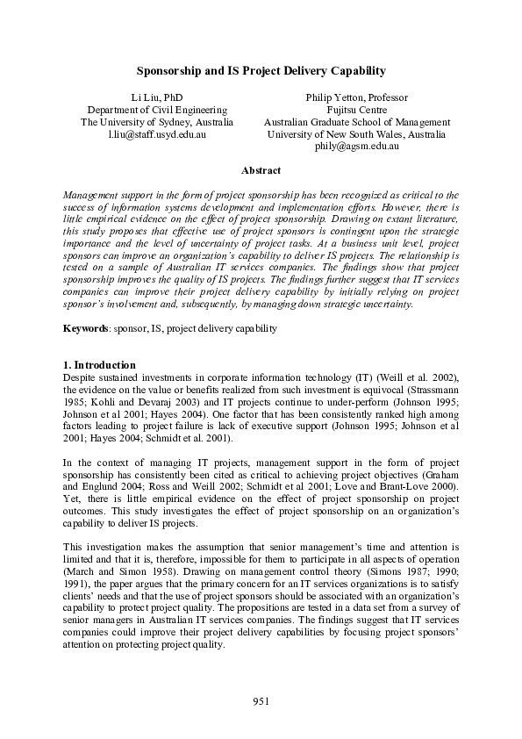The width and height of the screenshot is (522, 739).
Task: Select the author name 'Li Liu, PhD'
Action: [x=157, y=97]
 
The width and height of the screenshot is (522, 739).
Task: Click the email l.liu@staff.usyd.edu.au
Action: [x=157, y=135]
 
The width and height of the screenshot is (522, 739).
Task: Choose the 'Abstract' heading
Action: [x=261, y=170]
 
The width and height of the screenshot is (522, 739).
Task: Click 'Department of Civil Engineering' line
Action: [x=157, y=110]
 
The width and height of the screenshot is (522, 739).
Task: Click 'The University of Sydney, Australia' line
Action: [x=157, y=122]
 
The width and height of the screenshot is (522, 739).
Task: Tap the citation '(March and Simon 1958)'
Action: [x=102, y=572]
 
